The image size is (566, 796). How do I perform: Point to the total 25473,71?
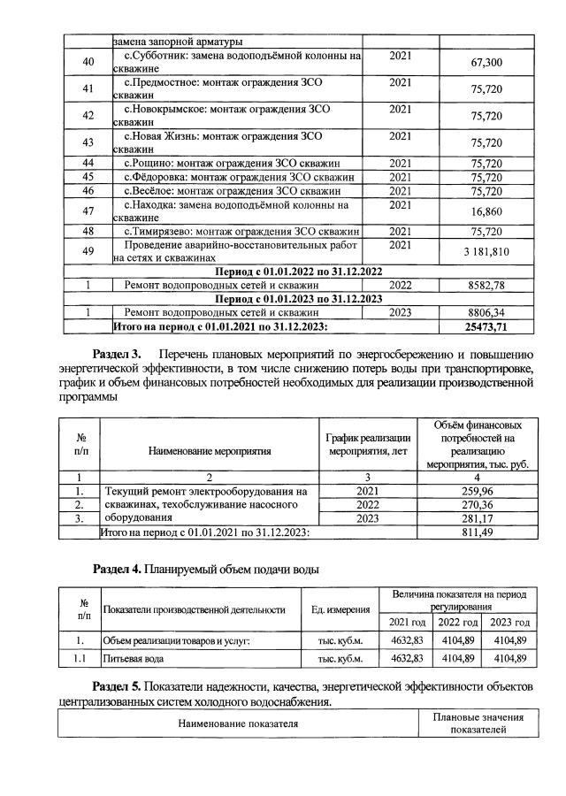pos(486,327)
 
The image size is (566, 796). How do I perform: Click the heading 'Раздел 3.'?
pos(122,356)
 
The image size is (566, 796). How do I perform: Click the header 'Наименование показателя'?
pos(238,723)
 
